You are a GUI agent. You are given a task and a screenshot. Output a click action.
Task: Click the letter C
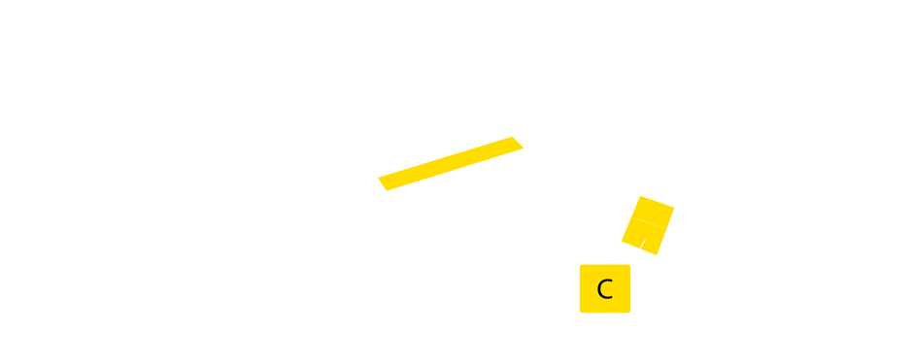point(604,289)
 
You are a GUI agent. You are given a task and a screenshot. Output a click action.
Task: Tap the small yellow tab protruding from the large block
point(511,163)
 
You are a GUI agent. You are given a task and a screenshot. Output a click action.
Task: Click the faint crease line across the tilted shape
point(649,223)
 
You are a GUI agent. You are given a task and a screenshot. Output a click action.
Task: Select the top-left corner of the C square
point(581,265)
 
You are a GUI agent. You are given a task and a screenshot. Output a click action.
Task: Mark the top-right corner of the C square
point(629,265)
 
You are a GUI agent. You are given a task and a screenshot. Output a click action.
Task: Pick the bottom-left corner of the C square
point(581,313)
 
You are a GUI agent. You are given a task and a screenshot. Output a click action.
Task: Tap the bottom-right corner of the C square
point(629,313)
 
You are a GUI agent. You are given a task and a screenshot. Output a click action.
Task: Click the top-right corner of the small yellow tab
point(524,136)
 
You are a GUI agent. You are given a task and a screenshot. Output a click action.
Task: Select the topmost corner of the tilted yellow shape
point(640,196)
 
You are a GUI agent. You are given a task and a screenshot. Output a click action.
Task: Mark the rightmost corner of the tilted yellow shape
point(674,208)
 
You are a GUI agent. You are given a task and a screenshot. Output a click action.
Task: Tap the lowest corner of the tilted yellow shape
point(657,255)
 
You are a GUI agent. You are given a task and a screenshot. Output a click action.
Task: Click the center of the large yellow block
point(249,182)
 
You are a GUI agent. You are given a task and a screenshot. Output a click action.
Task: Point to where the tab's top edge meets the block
point(497,136)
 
